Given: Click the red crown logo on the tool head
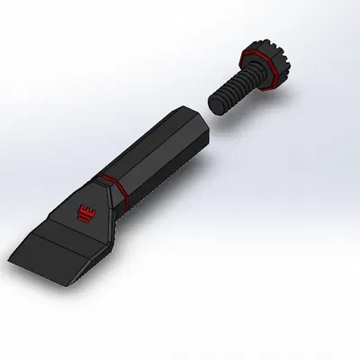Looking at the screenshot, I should pyautogui.click(x=86, y=213).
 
